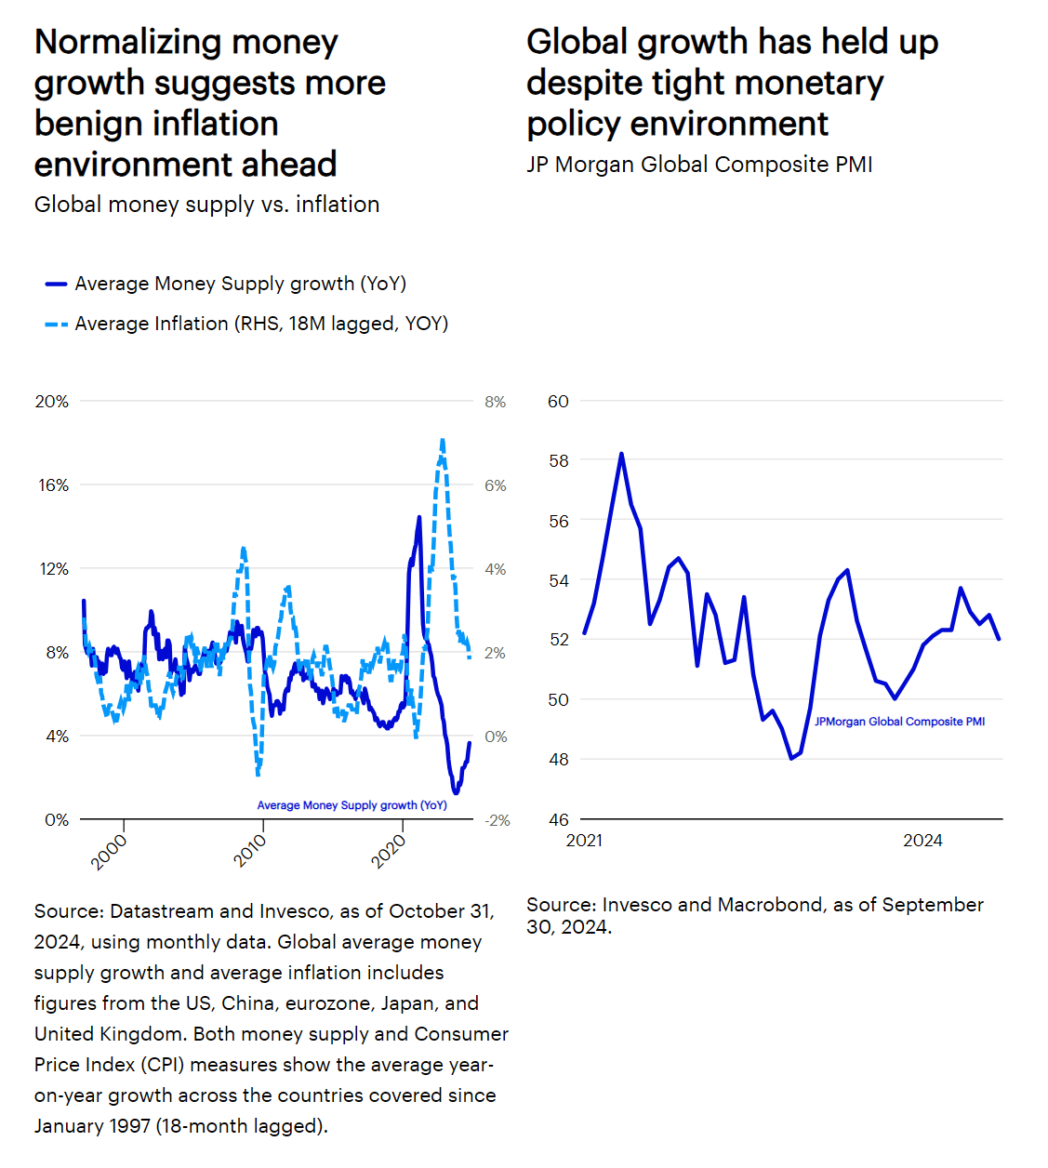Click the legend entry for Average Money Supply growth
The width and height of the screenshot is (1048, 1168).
240,284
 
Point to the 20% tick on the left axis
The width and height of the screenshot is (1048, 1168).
52,402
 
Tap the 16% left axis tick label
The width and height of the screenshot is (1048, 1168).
53,485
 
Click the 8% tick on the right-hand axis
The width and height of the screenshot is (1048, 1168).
496,402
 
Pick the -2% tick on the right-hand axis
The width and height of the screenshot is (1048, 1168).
497,820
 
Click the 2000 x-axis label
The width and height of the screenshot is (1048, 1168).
109,851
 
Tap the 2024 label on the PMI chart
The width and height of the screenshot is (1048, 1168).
922,841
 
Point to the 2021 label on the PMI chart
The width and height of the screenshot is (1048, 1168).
584,841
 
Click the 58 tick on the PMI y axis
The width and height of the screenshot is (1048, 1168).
558,461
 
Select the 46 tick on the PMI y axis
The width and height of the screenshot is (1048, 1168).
558,820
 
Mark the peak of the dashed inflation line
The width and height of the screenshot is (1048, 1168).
442,440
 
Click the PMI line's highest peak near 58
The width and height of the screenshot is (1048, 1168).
621,454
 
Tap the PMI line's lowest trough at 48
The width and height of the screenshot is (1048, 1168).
791,759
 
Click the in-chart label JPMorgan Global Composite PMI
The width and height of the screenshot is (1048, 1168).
899,722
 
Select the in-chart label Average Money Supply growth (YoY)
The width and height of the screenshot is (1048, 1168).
352,805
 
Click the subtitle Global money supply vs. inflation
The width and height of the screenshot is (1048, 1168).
206,205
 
